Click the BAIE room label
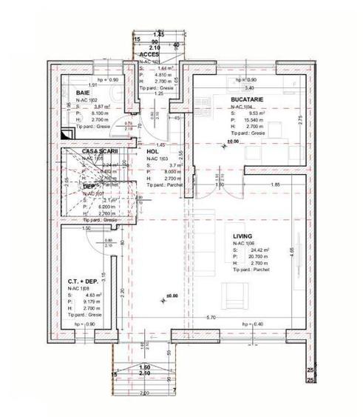83,93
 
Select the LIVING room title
242,236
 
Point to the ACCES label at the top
149,54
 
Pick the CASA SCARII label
99,151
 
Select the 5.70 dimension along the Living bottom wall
210,318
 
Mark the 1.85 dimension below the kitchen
274,184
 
